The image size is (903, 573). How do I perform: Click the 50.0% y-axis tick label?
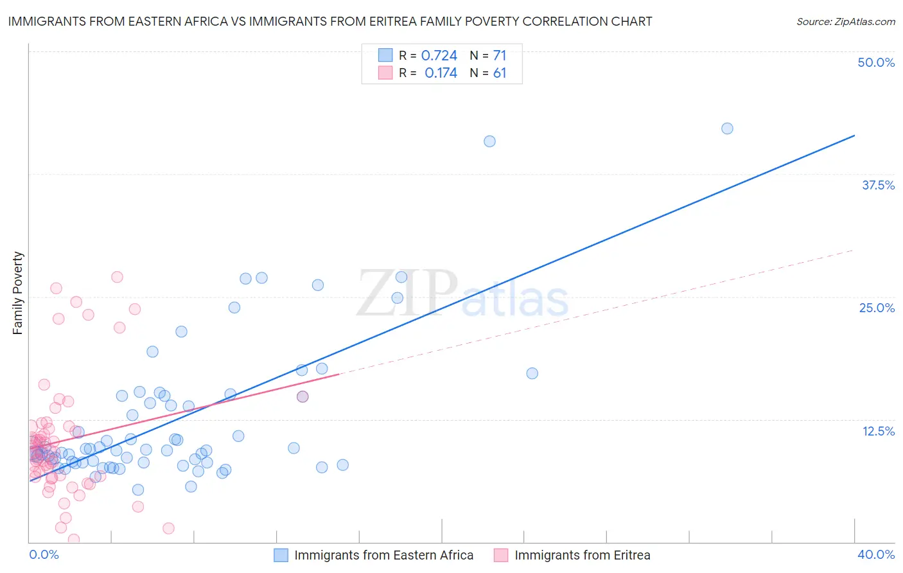pyautogui.click(x=876, y=62)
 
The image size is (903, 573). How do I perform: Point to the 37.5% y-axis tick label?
pyautogui.click(x=878, y=185)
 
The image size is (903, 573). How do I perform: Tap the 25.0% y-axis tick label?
pyautogui.click(x=877, y=308)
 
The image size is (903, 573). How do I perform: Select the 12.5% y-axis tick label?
pyautogui.click(x=878, y=431)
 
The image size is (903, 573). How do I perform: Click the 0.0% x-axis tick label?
pyautogui.click(x=44, y=554)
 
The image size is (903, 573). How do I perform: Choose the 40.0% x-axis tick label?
pyautogui.click(x=876, y=554)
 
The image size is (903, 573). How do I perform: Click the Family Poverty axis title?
pyautogui.click(x=18, y=293)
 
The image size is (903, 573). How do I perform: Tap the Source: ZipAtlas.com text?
pyautogui.click(x=845, y=21)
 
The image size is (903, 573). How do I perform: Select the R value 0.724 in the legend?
pyautogui.click(x=439, y=55)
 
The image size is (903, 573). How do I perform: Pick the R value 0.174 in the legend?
pyautogui.click(x=441, y=73)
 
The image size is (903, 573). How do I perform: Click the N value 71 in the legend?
pyautogui.click(x=500, y=55)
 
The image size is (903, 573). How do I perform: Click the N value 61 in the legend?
pyautogui.click(x=500, y=73)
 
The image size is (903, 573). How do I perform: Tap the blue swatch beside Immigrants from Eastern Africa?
pyautogui.click(x=281, y=555)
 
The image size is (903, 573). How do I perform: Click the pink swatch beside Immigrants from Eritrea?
pyautogui.click(x=501, y=555)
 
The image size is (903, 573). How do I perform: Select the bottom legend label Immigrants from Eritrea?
pyautogui.click(x=582, y=555)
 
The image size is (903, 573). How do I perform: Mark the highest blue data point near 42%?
pyautogui.click(x=727, y=128)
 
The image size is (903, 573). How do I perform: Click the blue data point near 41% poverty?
pyautogui.click(x=489, y=141)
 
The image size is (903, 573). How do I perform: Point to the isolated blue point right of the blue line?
pyautogui.click(x=532, y=373)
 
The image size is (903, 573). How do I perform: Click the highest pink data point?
pyautogui.click(x=117, y=277)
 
